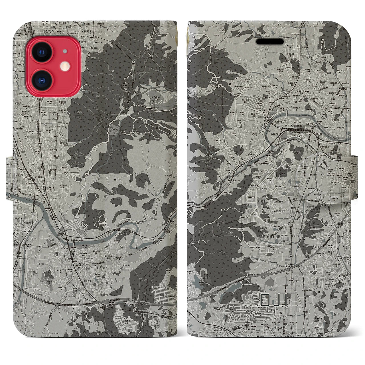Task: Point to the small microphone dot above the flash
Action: [65, 51]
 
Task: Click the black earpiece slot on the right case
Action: [270, 42]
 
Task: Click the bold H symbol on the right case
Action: [194, 36]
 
